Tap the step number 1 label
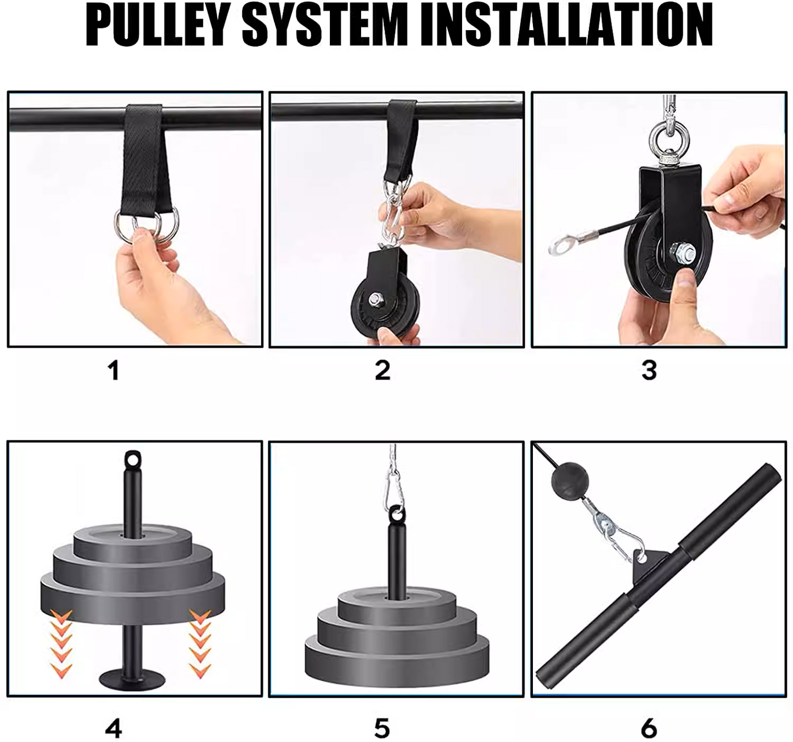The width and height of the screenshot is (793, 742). point(114,370)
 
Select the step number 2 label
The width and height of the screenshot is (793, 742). point(383,370)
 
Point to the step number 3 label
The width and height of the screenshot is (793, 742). point(649,370)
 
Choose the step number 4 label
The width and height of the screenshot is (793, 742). point(114,728)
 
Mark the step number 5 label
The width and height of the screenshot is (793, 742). point(382,728)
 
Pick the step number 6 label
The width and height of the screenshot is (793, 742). point(649,728)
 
